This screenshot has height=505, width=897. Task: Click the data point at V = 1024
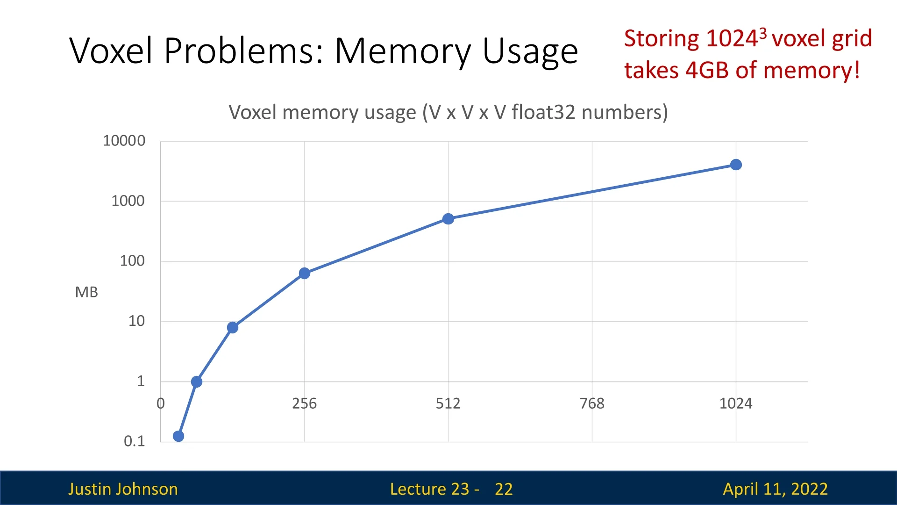pyautogui.click(x=736, y=165)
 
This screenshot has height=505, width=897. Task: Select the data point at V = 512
pyautogui.click(x=448, y=219)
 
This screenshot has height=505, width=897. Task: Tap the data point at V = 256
pyautogui.click(x=304, y=273)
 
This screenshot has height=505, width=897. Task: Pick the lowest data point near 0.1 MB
pyautogui.click(x=178, y=436)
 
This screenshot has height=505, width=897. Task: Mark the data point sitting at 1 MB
pyautogui.click(x=197, y=382)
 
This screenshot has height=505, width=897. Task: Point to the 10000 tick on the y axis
pyautogui.click(x=124, y=141)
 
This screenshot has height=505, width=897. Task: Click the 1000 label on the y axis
pyautogui.click(x=128, y=201)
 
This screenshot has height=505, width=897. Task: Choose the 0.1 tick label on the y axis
pyautogui.click(x=134, y=441)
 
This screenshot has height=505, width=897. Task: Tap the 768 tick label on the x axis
pyautogui.click(x=592, y=404)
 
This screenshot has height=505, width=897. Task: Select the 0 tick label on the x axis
pyautogui.click(x=161, y=404)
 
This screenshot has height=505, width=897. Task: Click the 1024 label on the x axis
pyautogui.click(x=736, y=404)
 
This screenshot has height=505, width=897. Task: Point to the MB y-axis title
pyautogui.click(x=86, y=292)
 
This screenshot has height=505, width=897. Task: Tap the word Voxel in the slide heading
pyautogui.click(x=111, y=50)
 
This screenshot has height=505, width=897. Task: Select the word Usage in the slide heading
pyautogui.click(x=530, y=51)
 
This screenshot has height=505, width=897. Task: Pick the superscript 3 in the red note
pyautogui.click(x=763, y=33)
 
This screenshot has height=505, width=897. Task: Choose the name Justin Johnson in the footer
pyautogui.click(x=123, y=489)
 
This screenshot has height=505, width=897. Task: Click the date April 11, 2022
pyautogui.click(x=775, y=489)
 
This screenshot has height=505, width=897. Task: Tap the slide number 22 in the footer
pyautogui.click(x=504, y=489)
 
